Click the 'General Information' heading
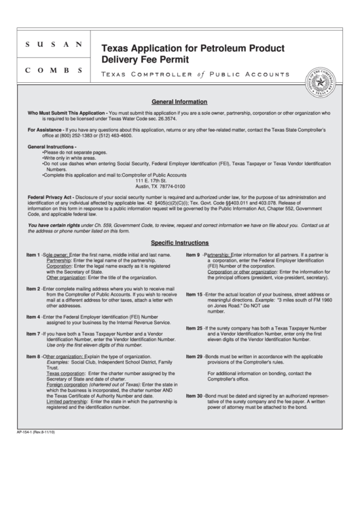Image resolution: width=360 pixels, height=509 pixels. tap(179, 98)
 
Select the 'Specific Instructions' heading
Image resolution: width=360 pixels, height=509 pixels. tap(179, 242)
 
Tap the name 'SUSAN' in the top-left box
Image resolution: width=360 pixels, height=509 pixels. tap(54, 45)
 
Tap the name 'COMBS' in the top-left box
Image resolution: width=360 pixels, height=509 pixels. tap(54, 70)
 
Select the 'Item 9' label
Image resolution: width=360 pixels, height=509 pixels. tap(193, 254)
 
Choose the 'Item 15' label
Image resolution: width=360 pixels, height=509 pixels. tap(194, 294)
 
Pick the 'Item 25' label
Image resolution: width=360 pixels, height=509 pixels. tap(194, 328)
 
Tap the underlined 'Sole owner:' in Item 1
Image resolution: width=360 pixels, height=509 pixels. tap(56, 254)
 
